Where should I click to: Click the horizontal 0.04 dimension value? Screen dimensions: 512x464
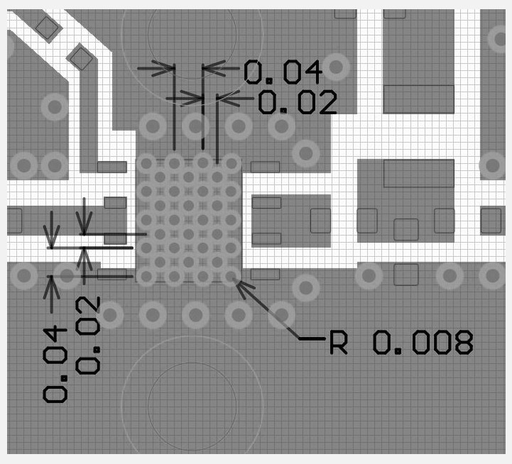283,72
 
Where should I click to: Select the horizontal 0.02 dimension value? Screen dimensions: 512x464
298,102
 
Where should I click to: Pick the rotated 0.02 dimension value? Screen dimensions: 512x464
88,335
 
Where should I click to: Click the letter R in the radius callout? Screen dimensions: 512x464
339,342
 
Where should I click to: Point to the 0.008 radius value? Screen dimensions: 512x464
423,342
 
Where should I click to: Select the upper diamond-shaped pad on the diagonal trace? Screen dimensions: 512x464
48,28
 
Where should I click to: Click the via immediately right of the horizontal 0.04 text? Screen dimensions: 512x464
336,67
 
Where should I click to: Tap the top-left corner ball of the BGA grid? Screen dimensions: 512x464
146,163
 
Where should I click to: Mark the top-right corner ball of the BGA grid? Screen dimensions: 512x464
232,163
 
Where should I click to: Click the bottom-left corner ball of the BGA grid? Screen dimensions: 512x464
146,276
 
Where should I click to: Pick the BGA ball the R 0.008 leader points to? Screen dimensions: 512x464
232,276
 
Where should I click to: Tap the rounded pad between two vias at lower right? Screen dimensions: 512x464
406,275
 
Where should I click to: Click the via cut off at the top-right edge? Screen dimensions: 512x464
500,39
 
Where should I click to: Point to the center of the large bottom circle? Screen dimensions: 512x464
192,406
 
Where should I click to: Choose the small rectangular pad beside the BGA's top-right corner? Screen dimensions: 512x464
265,167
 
